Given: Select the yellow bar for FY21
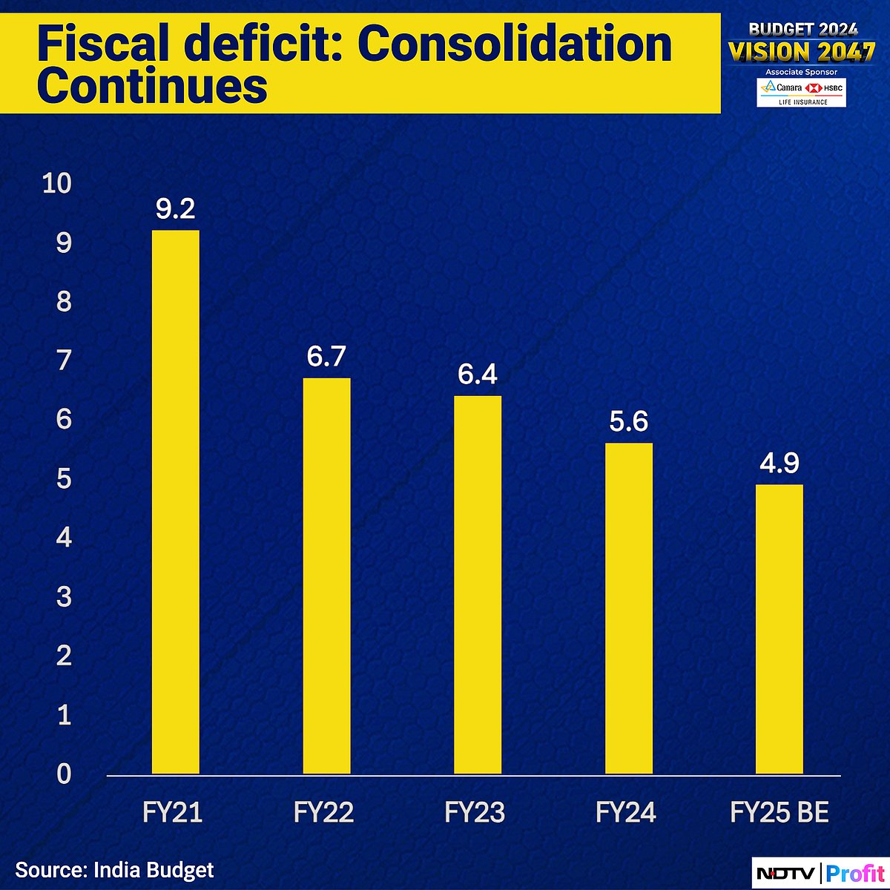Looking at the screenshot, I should click(x=175, y=502).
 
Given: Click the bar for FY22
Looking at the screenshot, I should click(x=326, y=576).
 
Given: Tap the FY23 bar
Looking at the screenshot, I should click(x=477, y=585).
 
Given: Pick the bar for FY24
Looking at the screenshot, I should click(x=628, y=608).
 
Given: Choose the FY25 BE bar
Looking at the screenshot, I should click(x=779, y=629).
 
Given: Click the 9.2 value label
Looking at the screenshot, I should click(x=175, y=209).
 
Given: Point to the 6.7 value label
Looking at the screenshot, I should click(x=326, y=357).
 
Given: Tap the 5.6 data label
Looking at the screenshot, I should click(x=628, y=422).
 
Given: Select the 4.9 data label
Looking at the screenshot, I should click(x=779, y=464).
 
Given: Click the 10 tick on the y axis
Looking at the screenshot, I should click(x=57, y=183).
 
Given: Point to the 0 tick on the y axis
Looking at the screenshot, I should click(x=64, y=774).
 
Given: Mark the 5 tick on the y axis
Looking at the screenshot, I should click(x=64, y=478).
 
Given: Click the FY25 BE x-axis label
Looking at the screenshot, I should click(x=779, y=813).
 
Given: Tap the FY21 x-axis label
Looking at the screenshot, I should click(x=172, y=813).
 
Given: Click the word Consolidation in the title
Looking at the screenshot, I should click(x=515, y=44).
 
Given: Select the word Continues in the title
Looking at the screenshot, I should click(x=152, y=86).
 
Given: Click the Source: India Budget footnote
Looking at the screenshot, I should click(x=114, y=870).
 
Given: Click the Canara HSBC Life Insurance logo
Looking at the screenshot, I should click(x=801, y=93).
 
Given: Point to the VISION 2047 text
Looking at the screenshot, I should click(x=802, y=52).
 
